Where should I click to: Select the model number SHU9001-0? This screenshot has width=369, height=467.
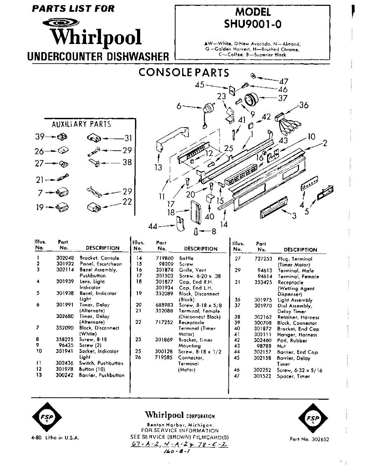pyautogui.click(x=253, y=24)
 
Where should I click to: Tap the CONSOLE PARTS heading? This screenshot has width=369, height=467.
pyautogui.click(x=184, y=72)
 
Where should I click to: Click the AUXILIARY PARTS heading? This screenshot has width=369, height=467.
pyautogui.click(x=81, y=124)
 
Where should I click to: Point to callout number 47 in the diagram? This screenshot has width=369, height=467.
pyautogui.click(x=283, y=81)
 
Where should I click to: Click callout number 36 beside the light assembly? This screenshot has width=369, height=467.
pyautogui.click(x=304, y=105)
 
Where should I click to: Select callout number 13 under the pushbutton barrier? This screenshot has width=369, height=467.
pyautogui.click(x=158, y=168)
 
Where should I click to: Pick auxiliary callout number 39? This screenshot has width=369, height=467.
pyautogui.click(x=39, y=137)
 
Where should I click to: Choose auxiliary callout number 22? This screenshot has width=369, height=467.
pyautogui.click(x=127, y=202)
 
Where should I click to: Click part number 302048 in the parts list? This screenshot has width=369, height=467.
pyautogui.click(x=64, y=258)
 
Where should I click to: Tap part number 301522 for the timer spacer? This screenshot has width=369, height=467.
pyautogui.click(x=262, y=376)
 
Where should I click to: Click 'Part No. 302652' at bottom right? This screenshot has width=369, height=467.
pyautogui.click(x=309, y=439)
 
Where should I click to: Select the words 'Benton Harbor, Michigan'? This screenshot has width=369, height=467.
pyautogui.click(x=179, y=425)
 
